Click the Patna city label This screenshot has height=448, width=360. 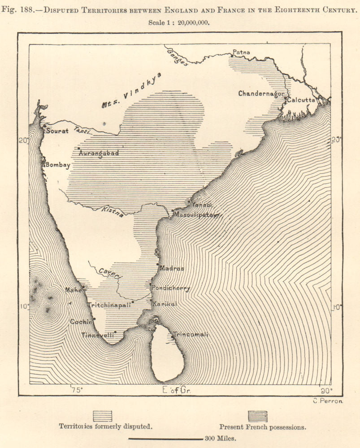(x=241, y=52)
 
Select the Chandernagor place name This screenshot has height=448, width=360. (x=261, y=94)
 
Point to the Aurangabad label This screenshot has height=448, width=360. (x=99, y=153)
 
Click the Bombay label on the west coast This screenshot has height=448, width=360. (x=58, y=165)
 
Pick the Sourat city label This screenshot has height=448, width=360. (x=57, y=131)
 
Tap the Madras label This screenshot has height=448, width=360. (x=172, y=268)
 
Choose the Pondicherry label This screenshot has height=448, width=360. (x=171, y=288)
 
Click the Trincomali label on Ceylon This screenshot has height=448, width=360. (x=191, y=335)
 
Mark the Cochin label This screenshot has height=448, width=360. (x=81, y=322)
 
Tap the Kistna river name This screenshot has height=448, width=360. (x=112, y=211)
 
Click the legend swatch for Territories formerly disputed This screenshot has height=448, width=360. (x=102, y=417)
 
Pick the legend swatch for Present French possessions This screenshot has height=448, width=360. (x=258, y=417)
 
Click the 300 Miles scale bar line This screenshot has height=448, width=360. (x=165, y=439)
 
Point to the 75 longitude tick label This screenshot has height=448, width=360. (x=77, y=390)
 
